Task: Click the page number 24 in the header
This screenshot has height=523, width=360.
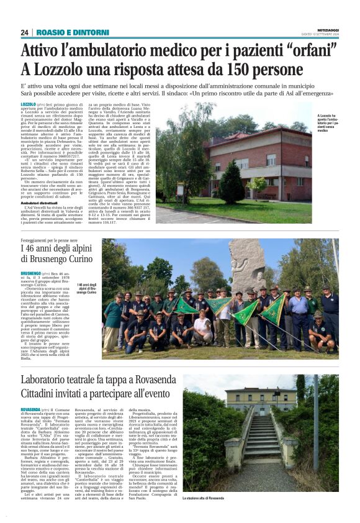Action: tap(24, 32)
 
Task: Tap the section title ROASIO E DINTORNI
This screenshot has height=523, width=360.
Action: tap(65, 32)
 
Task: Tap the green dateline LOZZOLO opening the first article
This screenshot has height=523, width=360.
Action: tap(28, 105)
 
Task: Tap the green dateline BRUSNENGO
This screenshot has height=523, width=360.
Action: tap(30, 273)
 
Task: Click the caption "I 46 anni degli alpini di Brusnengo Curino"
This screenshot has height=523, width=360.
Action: tap(87, 288)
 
